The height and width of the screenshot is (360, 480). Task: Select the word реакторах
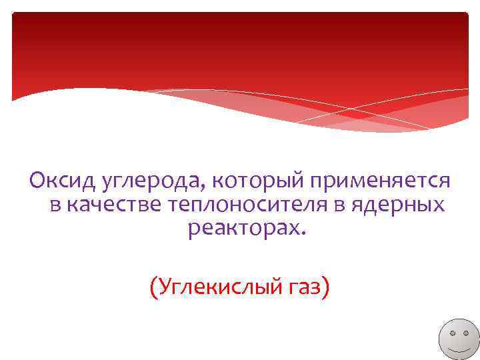(244, 230)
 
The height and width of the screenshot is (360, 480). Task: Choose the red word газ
(303, 289)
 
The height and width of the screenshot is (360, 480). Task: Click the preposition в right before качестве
(55, 207)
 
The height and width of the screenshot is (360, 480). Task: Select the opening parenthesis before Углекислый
(153, 288)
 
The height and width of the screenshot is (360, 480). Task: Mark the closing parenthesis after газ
(326, 288)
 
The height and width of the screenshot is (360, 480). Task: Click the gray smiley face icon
(457, 337)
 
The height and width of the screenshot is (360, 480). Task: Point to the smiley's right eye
(464, 331)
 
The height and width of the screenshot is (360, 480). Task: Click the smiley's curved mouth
(457, 349)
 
